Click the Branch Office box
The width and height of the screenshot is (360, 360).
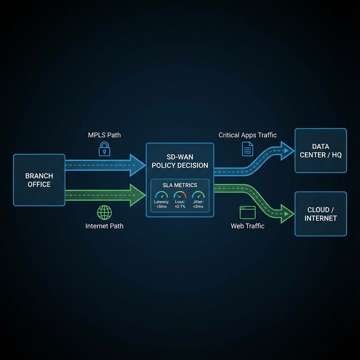click(x=39, y=180)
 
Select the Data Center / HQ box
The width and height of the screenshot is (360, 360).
click(x=321, y=150)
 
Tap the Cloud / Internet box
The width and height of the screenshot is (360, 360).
click(x=321, y=214)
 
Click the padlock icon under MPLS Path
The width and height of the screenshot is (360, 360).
click(x=104, y=149)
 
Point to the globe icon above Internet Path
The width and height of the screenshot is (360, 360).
click(x=104, y=212)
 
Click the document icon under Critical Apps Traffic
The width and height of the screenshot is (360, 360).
click(x=247, y=149)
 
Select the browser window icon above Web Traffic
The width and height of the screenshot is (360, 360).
click(x=247, y=213)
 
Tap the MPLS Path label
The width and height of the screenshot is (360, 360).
click(x=104, y=135)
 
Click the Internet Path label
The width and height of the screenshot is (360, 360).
click(x=104, y=226)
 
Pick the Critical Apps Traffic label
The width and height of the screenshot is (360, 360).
click(x=247, y=135)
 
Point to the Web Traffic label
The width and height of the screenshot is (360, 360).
click(x=247, y=226)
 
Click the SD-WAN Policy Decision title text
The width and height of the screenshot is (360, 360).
click(x=180, y=161)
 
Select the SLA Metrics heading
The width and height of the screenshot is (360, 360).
click(x=180, y=185)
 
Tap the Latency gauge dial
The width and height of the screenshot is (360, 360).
click(x=162, y=195)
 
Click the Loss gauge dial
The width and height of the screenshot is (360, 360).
click(x=180, y=195)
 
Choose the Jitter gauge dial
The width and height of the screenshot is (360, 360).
click(x=198, y=195)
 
